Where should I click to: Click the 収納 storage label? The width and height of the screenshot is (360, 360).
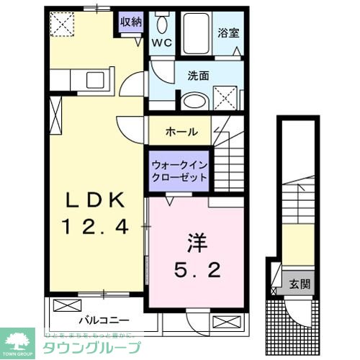point(130,21)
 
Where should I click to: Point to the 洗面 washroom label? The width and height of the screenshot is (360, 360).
point(198,74)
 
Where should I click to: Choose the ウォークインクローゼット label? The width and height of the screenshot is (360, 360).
point(179,171)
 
